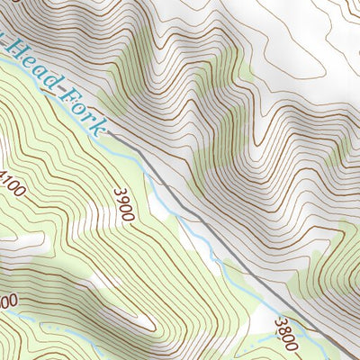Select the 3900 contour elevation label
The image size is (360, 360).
click(124, 204)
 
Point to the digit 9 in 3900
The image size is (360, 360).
click(122, 200)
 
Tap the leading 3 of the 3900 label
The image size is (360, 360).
click(118, 192)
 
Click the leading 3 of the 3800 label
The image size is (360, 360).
click(280, 322)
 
